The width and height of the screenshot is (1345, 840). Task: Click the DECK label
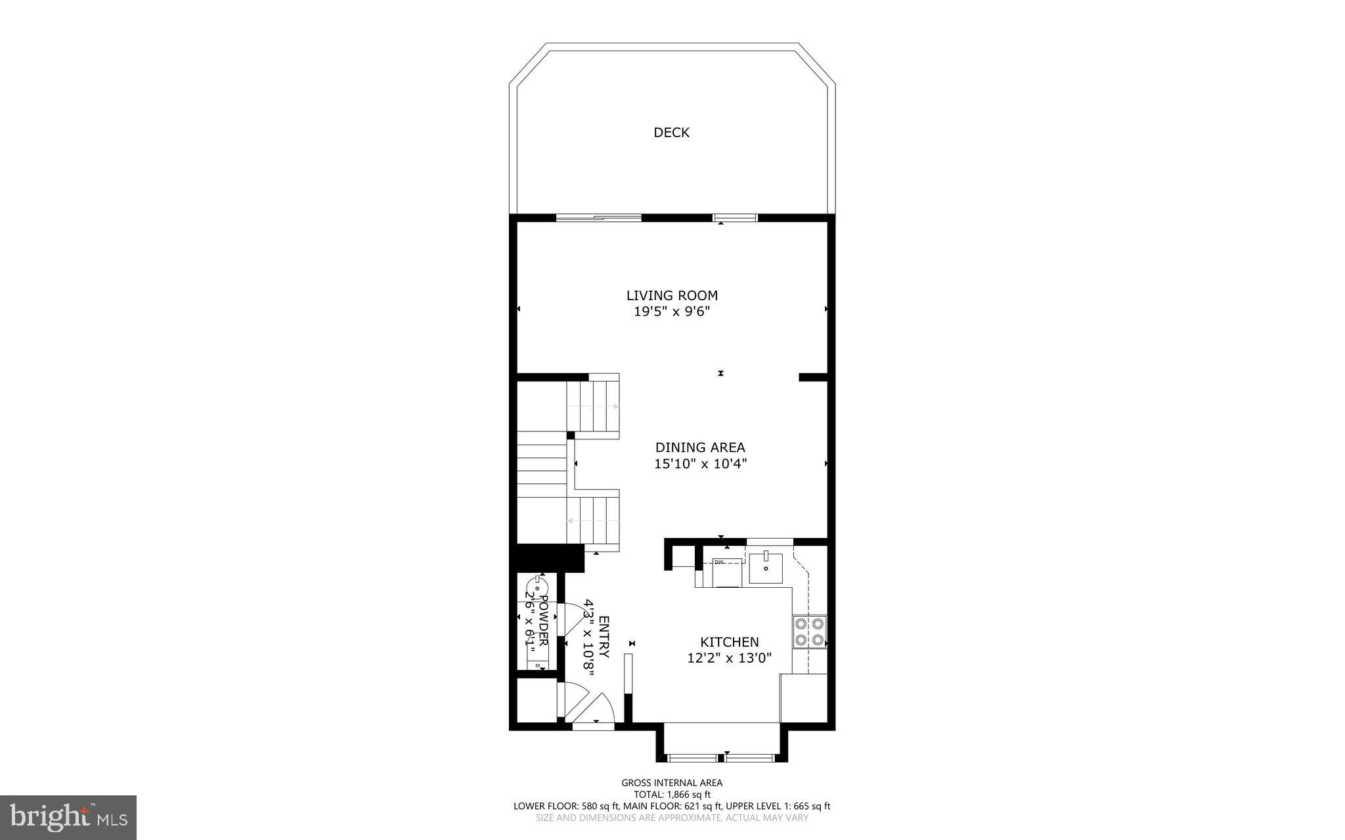(671, 133)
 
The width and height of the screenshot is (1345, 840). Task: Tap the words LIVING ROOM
(671, 296)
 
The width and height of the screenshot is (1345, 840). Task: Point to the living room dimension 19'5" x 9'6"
(671, 312)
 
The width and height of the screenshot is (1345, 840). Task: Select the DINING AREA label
(700, 447)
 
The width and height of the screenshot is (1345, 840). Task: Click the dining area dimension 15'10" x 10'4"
(700, 464)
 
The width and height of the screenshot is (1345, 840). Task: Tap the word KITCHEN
(729, 642)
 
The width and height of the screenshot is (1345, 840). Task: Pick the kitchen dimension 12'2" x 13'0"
(729, 657)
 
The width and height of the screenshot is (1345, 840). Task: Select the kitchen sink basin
(766, 568)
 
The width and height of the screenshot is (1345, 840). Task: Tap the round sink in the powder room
(538, 587)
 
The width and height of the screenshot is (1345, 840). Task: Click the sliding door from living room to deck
(598, 217)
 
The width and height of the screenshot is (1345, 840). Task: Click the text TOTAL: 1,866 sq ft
(671, 794)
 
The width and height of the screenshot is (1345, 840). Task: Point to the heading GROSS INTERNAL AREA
(671, 782)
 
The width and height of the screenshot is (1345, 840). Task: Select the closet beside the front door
(535, 700)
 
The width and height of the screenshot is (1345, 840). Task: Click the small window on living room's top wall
(736, 217)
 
